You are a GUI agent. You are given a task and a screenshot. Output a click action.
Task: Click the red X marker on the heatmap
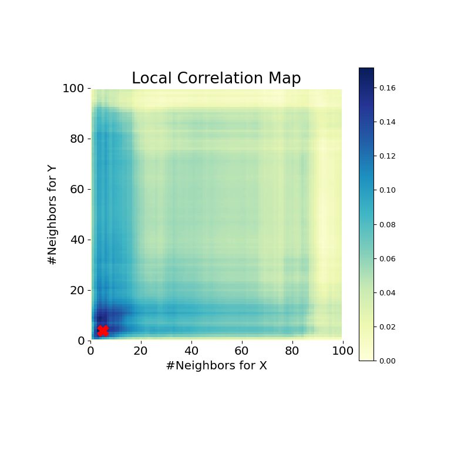[x=103, y=331]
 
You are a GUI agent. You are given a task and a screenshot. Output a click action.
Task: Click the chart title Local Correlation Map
[x=216, y=79]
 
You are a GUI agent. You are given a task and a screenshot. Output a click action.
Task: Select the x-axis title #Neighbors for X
[x=216, y=366]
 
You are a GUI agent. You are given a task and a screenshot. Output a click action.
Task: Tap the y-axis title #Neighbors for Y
[x=53, y=214]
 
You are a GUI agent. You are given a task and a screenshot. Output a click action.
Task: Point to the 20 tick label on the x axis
[x=141, y=351]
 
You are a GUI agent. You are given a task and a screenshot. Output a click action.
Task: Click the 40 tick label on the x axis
[x=191, y=351]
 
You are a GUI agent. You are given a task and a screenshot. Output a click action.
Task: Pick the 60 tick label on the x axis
[x=242, y=351]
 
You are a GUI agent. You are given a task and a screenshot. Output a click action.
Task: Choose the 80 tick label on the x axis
[x=292, y=351]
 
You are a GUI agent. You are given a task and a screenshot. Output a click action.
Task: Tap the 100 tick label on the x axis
[x=342, y=351]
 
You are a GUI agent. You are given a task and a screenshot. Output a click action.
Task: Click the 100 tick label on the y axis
[x=75, y=89]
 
